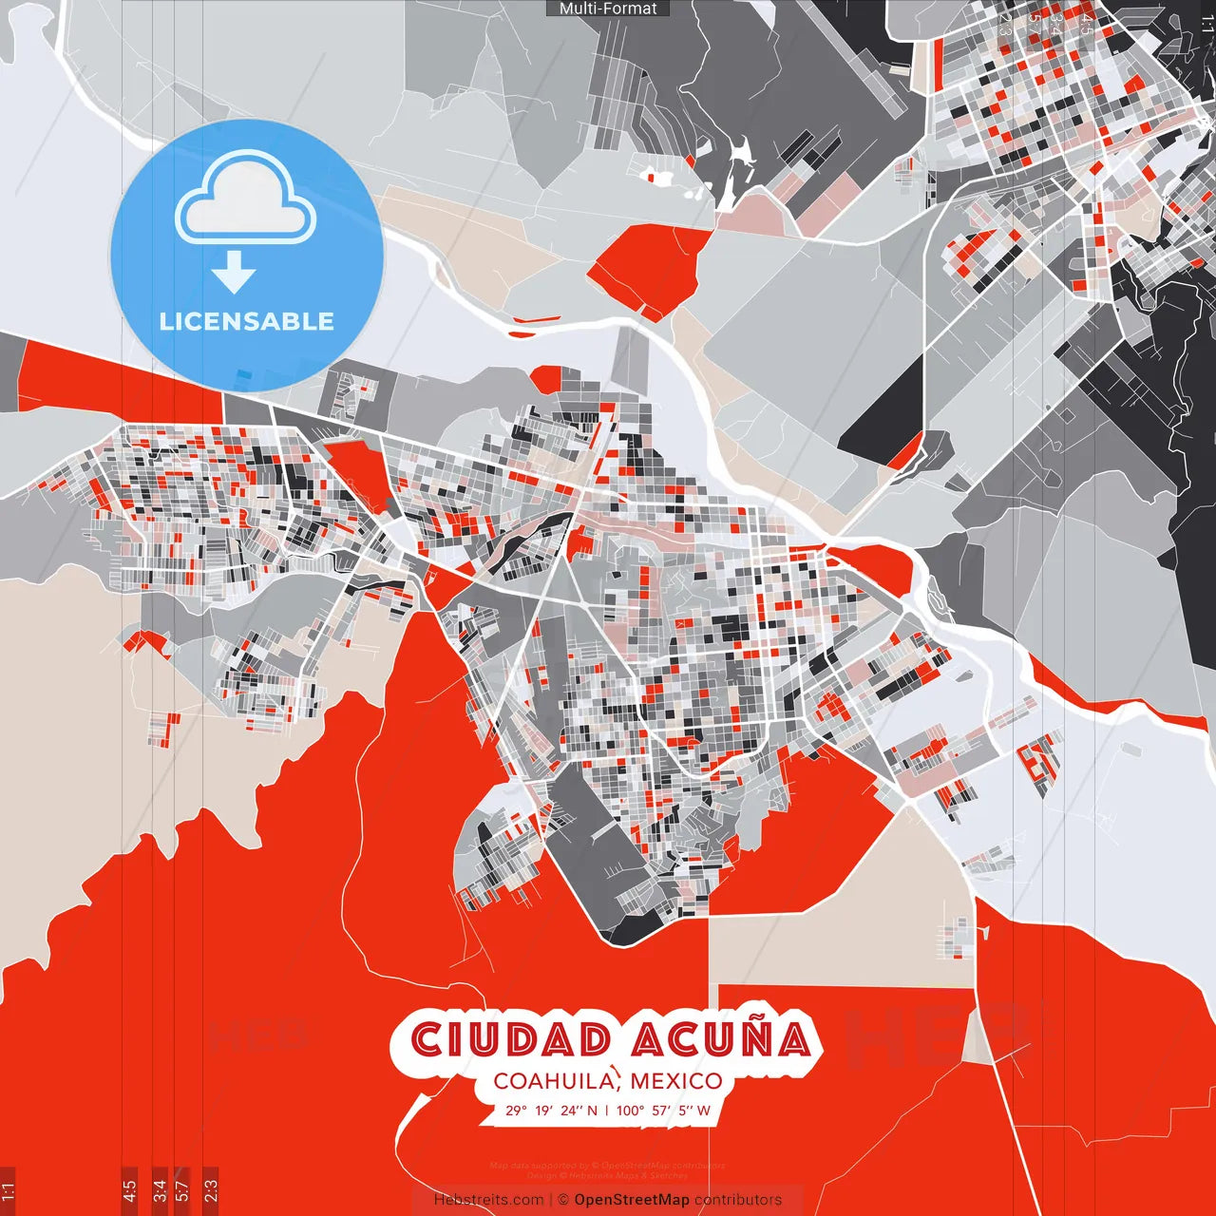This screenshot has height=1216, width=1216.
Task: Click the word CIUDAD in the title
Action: tap(511, 1039)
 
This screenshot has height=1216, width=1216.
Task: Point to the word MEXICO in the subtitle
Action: tap(675, 1081)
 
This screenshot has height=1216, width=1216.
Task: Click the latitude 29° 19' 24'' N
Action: tap(551, 1110)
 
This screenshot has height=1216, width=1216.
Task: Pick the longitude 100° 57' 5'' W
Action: tap(663, 1110)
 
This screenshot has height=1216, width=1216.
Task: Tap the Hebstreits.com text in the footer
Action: tap(488, 1200)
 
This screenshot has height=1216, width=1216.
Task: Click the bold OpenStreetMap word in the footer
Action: tap(632, 1200)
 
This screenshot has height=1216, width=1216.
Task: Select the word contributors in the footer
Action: tap(738, 1200)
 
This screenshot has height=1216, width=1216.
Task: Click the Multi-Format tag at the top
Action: tap(608, 9)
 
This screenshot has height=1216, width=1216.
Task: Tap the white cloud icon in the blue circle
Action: tap(246, 199)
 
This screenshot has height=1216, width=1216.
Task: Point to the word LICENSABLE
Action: tap(246, 321)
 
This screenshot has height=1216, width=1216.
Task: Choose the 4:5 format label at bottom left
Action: tap(129, 1190)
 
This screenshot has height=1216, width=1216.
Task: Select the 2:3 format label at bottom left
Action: tap(210, 1190)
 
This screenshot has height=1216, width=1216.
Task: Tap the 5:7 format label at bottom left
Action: tap(181, 1190)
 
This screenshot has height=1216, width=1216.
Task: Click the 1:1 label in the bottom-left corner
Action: tap(8, 1190)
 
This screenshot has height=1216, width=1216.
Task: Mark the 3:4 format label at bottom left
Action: tap(159, 1190)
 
